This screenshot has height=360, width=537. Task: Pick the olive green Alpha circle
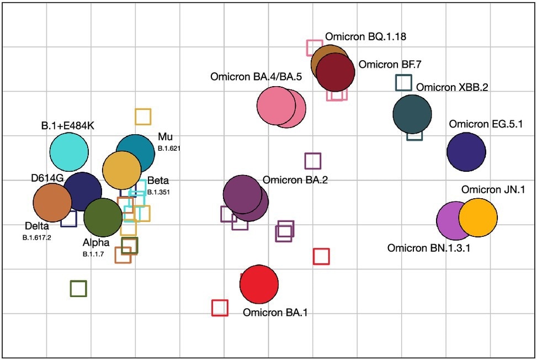(103, 218)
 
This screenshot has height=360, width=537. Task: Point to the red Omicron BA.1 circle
(259, 284)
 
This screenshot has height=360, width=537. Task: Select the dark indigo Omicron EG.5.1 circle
(466, 152)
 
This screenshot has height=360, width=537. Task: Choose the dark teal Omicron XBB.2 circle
(412, 114)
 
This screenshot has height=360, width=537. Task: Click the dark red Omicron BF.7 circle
(336, 72)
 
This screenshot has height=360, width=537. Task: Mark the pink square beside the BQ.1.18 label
(315, 47)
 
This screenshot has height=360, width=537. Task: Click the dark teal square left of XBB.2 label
(403, 82)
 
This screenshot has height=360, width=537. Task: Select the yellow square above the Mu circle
(143, 117)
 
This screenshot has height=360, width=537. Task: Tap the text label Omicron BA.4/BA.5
(256, 77)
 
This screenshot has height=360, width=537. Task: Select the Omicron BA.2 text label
(295, 180)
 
